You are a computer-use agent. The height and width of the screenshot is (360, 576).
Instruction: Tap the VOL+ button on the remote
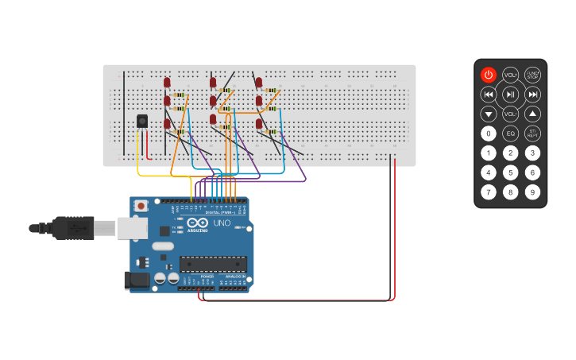click(510, 75)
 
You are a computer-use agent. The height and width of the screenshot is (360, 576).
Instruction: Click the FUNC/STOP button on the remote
click(532, 75)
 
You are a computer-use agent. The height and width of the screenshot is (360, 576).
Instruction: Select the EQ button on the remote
click(510, 134)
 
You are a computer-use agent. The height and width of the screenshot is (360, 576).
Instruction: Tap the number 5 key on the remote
click(510, 172)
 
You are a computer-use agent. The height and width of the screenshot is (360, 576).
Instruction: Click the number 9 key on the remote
click(532, 192)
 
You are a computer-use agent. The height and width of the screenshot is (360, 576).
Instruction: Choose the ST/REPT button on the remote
click(532, 134)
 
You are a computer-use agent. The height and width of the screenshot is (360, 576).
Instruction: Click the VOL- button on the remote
click(510, 114)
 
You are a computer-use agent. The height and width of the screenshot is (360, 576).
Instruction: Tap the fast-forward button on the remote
click(532, 95)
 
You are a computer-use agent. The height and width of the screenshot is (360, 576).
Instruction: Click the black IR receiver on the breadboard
click(142, 121)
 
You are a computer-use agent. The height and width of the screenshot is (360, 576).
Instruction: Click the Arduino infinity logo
click(198, 223)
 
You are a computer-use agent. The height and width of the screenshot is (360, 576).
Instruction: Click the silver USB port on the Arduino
click(132, 228)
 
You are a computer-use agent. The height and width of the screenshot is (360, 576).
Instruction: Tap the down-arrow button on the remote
click(489, 114)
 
